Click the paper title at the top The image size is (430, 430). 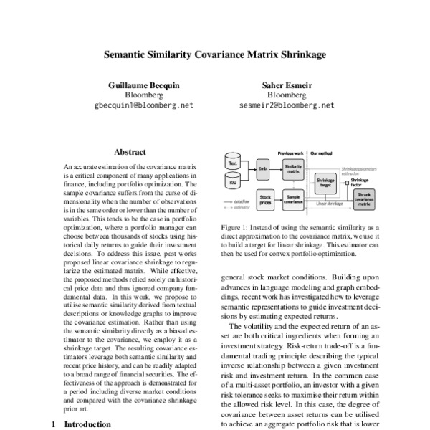(x=215, y=54)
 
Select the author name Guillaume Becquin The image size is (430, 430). (x=144, y=84)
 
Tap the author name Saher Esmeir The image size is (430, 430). (x=286, y=84)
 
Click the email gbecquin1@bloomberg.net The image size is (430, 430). (x=144, y=105)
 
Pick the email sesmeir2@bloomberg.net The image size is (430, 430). (x=286, y=105)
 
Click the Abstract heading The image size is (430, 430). (x=130, y=152)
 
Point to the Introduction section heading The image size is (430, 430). (x=87, y=424)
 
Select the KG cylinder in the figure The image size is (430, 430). (x=233, y=183)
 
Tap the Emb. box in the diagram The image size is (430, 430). (x=262, y=170)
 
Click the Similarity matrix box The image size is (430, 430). (x=293, y=170)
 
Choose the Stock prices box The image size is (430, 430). (x=264, y=199)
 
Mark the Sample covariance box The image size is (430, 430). (x=293, y=199)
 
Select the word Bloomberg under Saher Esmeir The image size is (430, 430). (x=286, y=95)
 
